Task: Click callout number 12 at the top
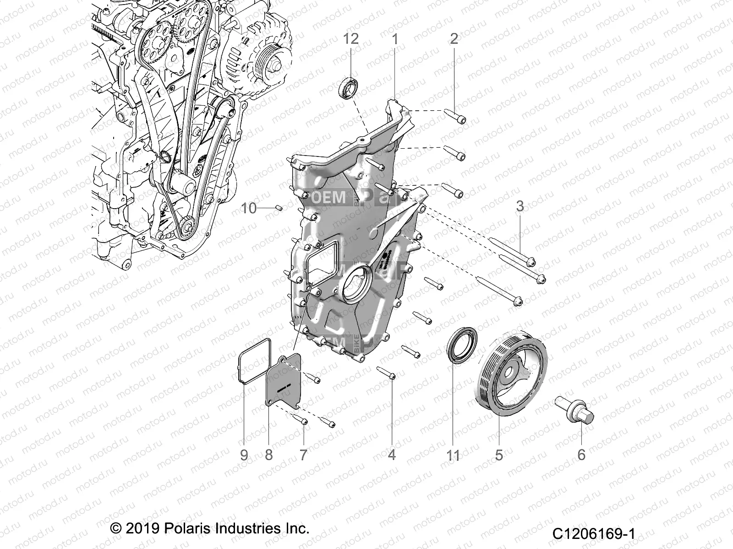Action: (x=351, y=39)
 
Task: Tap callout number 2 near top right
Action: (x=454, y=39)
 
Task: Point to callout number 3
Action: (x=520, y=206)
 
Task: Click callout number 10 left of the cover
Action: (x=249, y=209)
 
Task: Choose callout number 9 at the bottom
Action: (x=244, y=455)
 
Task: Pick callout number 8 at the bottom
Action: (x=268, y=455)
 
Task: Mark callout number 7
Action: (x=303, y=455)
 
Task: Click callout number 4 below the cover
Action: (x=392, y=455)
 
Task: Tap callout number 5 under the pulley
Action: (x=499, y=455)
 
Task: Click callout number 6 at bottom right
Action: (x=581, y=455)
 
